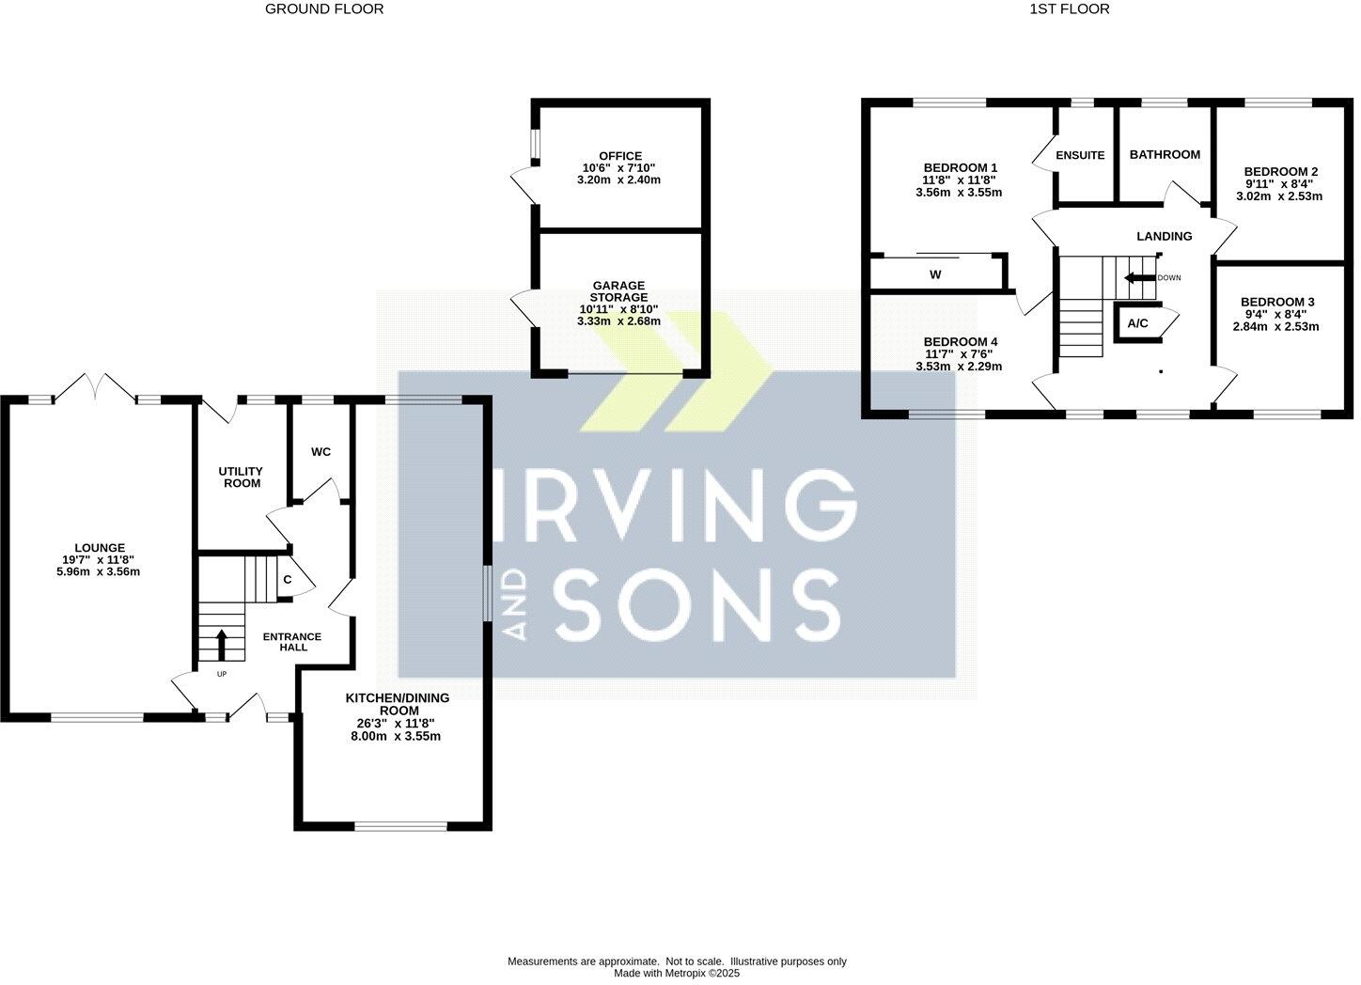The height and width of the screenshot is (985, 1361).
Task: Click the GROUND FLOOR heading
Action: (324, 9)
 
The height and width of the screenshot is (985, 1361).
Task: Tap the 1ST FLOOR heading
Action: (1070, 9)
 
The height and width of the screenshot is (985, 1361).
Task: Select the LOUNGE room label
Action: (100, 548)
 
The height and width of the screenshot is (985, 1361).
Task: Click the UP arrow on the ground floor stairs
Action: (222, 647)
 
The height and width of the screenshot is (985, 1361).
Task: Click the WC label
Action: (321, 452)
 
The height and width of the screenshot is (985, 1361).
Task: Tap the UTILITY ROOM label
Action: (241, 477)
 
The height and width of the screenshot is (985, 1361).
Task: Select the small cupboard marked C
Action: (288, 581)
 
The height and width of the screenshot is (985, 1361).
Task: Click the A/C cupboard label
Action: (1137, 324)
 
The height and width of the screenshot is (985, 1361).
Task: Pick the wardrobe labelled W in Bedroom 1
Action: (935, 275)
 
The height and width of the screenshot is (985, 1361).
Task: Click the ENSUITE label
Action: (1080, 156)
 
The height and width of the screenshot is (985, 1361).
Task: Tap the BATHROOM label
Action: (1165, 155)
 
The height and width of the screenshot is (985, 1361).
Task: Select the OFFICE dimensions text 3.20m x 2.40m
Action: (619, 180)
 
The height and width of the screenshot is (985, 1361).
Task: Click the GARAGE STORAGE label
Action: (618, 291)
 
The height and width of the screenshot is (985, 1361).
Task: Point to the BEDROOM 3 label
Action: (1277, 303)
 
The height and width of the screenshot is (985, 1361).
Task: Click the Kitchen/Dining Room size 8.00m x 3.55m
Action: (398, 736)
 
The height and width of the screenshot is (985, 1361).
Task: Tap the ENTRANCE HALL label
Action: (292, 642)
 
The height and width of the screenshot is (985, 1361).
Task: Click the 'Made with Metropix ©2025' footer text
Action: (677, 974)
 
